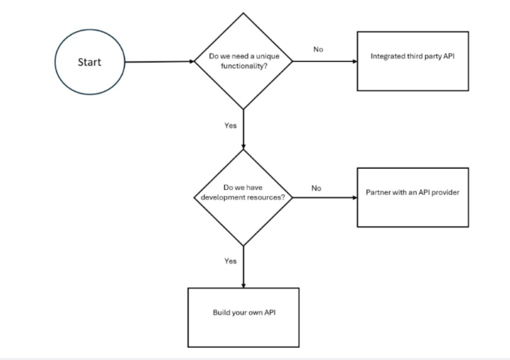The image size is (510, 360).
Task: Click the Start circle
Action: click(x=89, y=62)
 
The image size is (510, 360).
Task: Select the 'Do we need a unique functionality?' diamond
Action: click(x=243, y=61)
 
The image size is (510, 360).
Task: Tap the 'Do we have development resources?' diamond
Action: click(x=243, y=197)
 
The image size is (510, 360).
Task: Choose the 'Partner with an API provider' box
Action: click(x=412, y=197)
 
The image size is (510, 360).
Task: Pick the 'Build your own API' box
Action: click(x=243, y=317)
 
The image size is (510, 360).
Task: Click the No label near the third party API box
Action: click(x=318, y=50)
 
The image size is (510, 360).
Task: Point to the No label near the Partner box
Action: click(x=316, y=188)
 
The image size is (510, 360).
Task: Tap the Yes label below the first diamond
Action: click(x=230, y=126)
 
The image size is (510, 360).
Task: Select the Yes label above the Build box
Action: click(x=230, y=261)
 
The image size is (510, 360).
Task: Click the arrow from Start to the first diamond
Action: click(x=159, y=61)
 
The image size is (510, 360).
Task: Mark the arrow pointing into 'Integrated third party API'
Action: click(x=325, y=61)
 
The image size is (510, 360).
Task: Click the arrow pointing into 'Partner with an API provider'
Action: click(x=325, y=197)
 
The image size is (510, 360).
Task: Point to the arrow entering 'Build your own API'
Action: click(x=243, y=267)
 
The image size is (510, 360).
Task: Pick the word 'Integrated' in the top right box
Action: click(x=386, y=56)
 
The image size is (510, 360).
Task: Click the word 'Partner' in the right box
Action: click(x=377, y=192)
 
